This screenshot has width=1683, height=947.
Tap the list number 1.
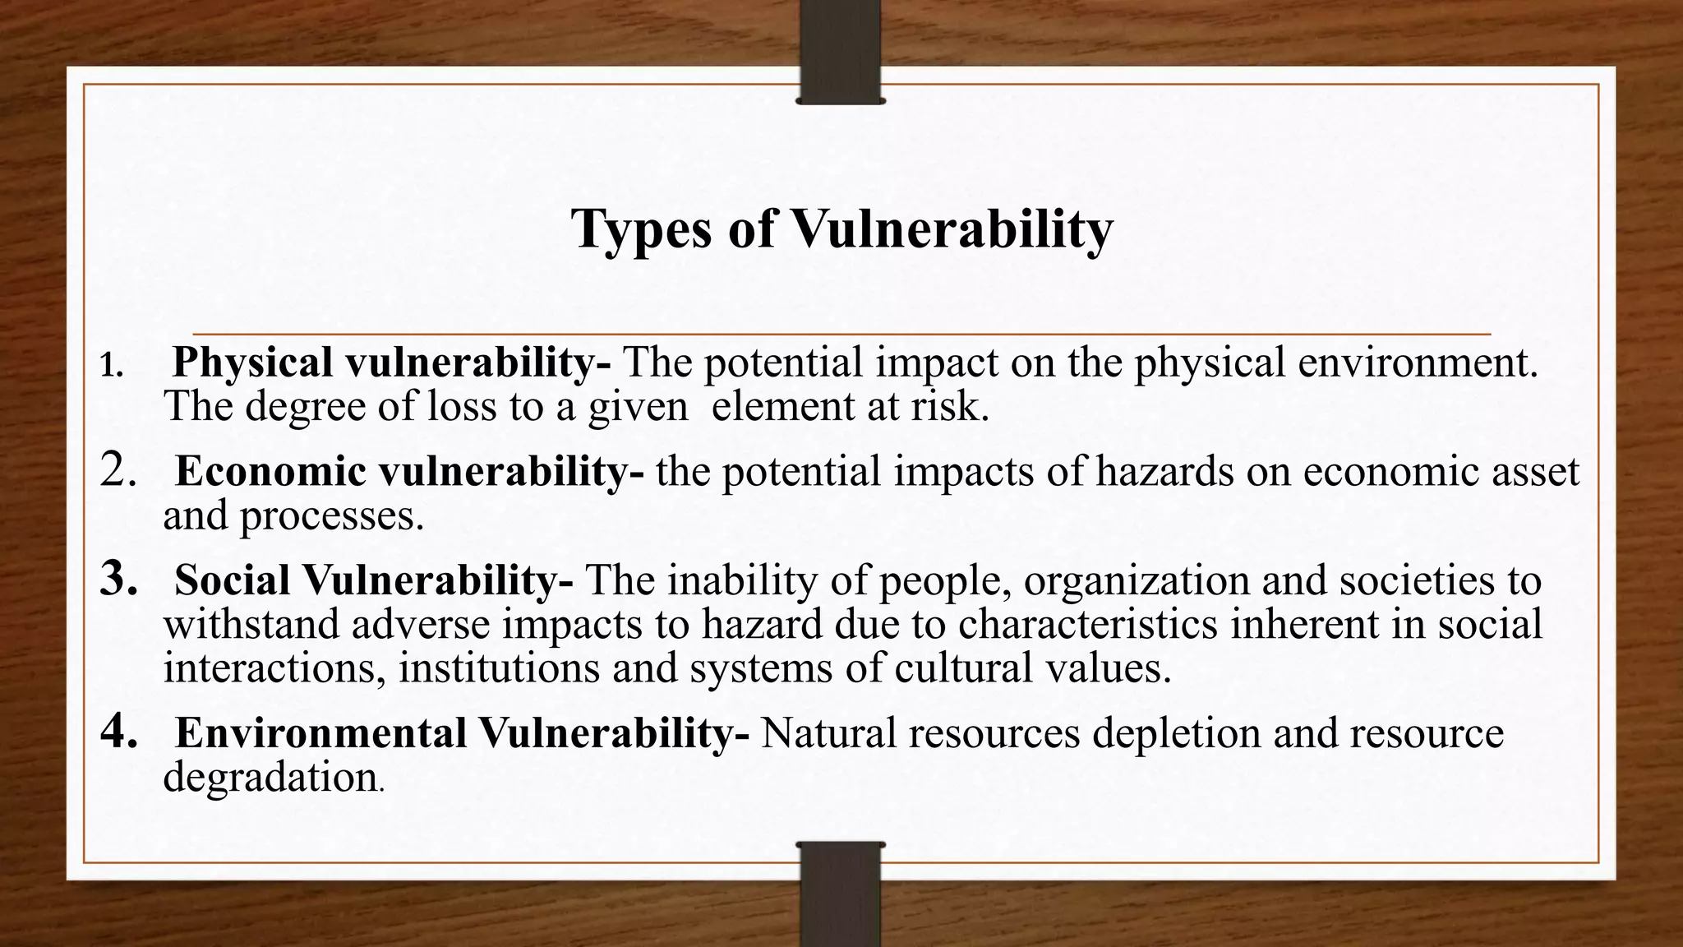point(110,366)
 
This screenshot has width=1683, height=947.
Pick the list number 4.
point(118,732)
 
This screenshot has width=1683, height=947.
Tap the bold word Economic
point(270,472)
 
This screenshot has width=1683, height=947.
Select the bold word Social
point(232,580)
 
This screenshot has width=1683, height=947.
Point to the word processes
point(331,516)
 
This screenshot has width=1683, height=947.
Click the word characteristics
point(1087,624)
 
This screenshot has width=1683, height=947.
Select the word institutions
point(499,668)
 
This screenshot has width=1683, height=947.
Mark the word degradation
point(270,777)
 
